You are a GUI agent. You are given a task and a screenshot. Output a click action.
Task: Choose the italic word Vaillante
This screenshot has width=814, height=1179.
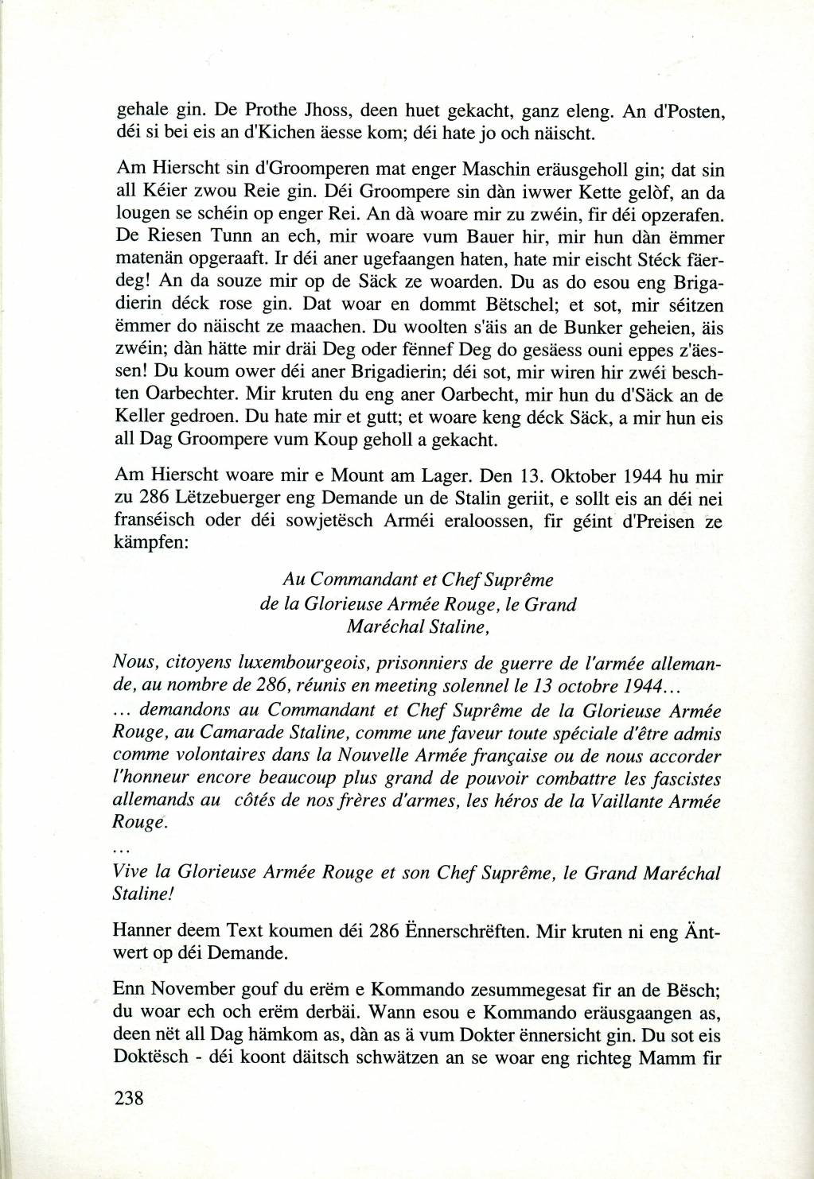pos(625,801)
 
